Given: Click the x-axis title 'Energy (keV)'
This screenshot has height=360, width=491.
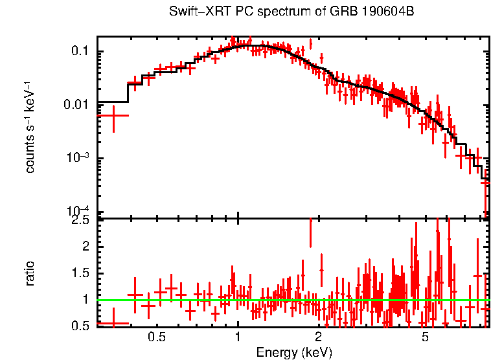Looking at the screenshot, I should pyautogui.click(x=293, y=352).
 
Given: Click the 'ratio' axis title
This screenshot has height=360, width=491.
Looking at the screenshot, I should pyautogui.click(x=30, y=273).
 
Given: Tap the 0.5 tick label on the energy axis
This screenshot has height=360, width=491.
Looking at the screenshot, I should pyautogui.click(x=156, y=338).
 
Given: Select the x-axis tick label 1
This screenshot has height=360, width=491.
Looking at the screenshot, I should pyautogui.click(x=238, y=338).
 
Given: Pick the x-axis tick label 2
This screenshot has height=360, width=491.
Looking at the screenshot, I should pyautogui.click(x=318, y=338).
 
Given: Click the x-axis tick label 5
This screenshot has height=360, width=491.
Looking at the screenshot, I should pyautogui.click(x=425, y=338).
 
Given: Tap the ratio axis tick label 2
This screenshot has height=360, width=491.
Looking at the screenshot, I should pyautogui.click(x=85, y=247).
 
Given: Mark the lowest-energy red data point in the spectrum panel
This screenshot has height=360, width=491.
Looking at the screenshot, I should pyautogui.click(x=113, y=115).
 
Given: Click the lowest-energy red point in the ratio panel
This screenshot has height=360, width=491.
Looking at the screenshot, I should pyautogui.click(x=113, y=322).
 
